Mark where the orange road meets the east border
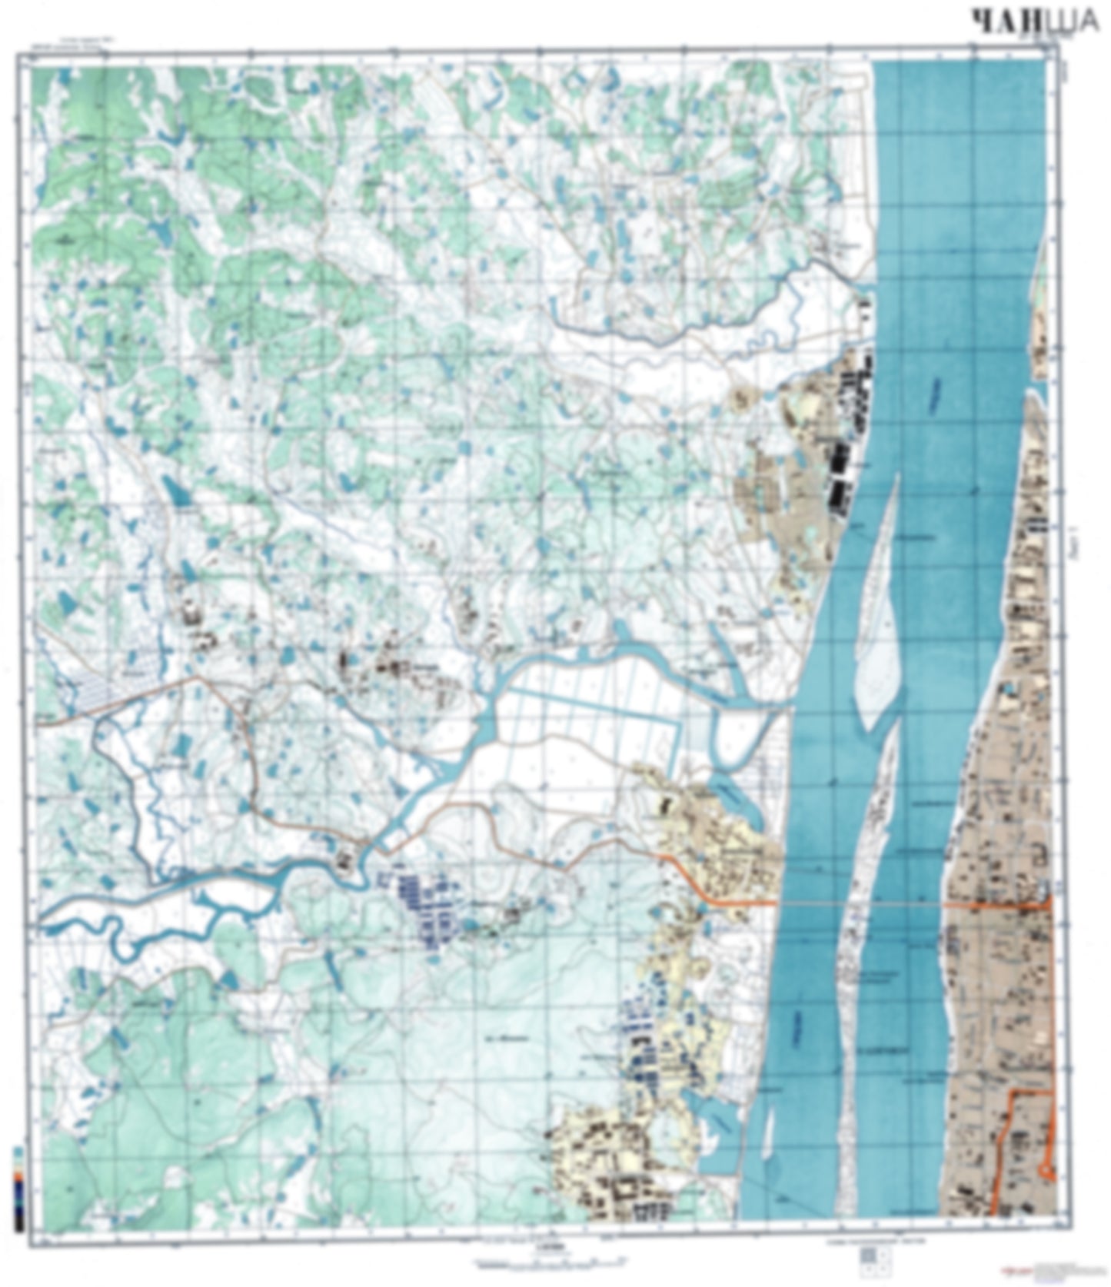[1049, 906]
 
